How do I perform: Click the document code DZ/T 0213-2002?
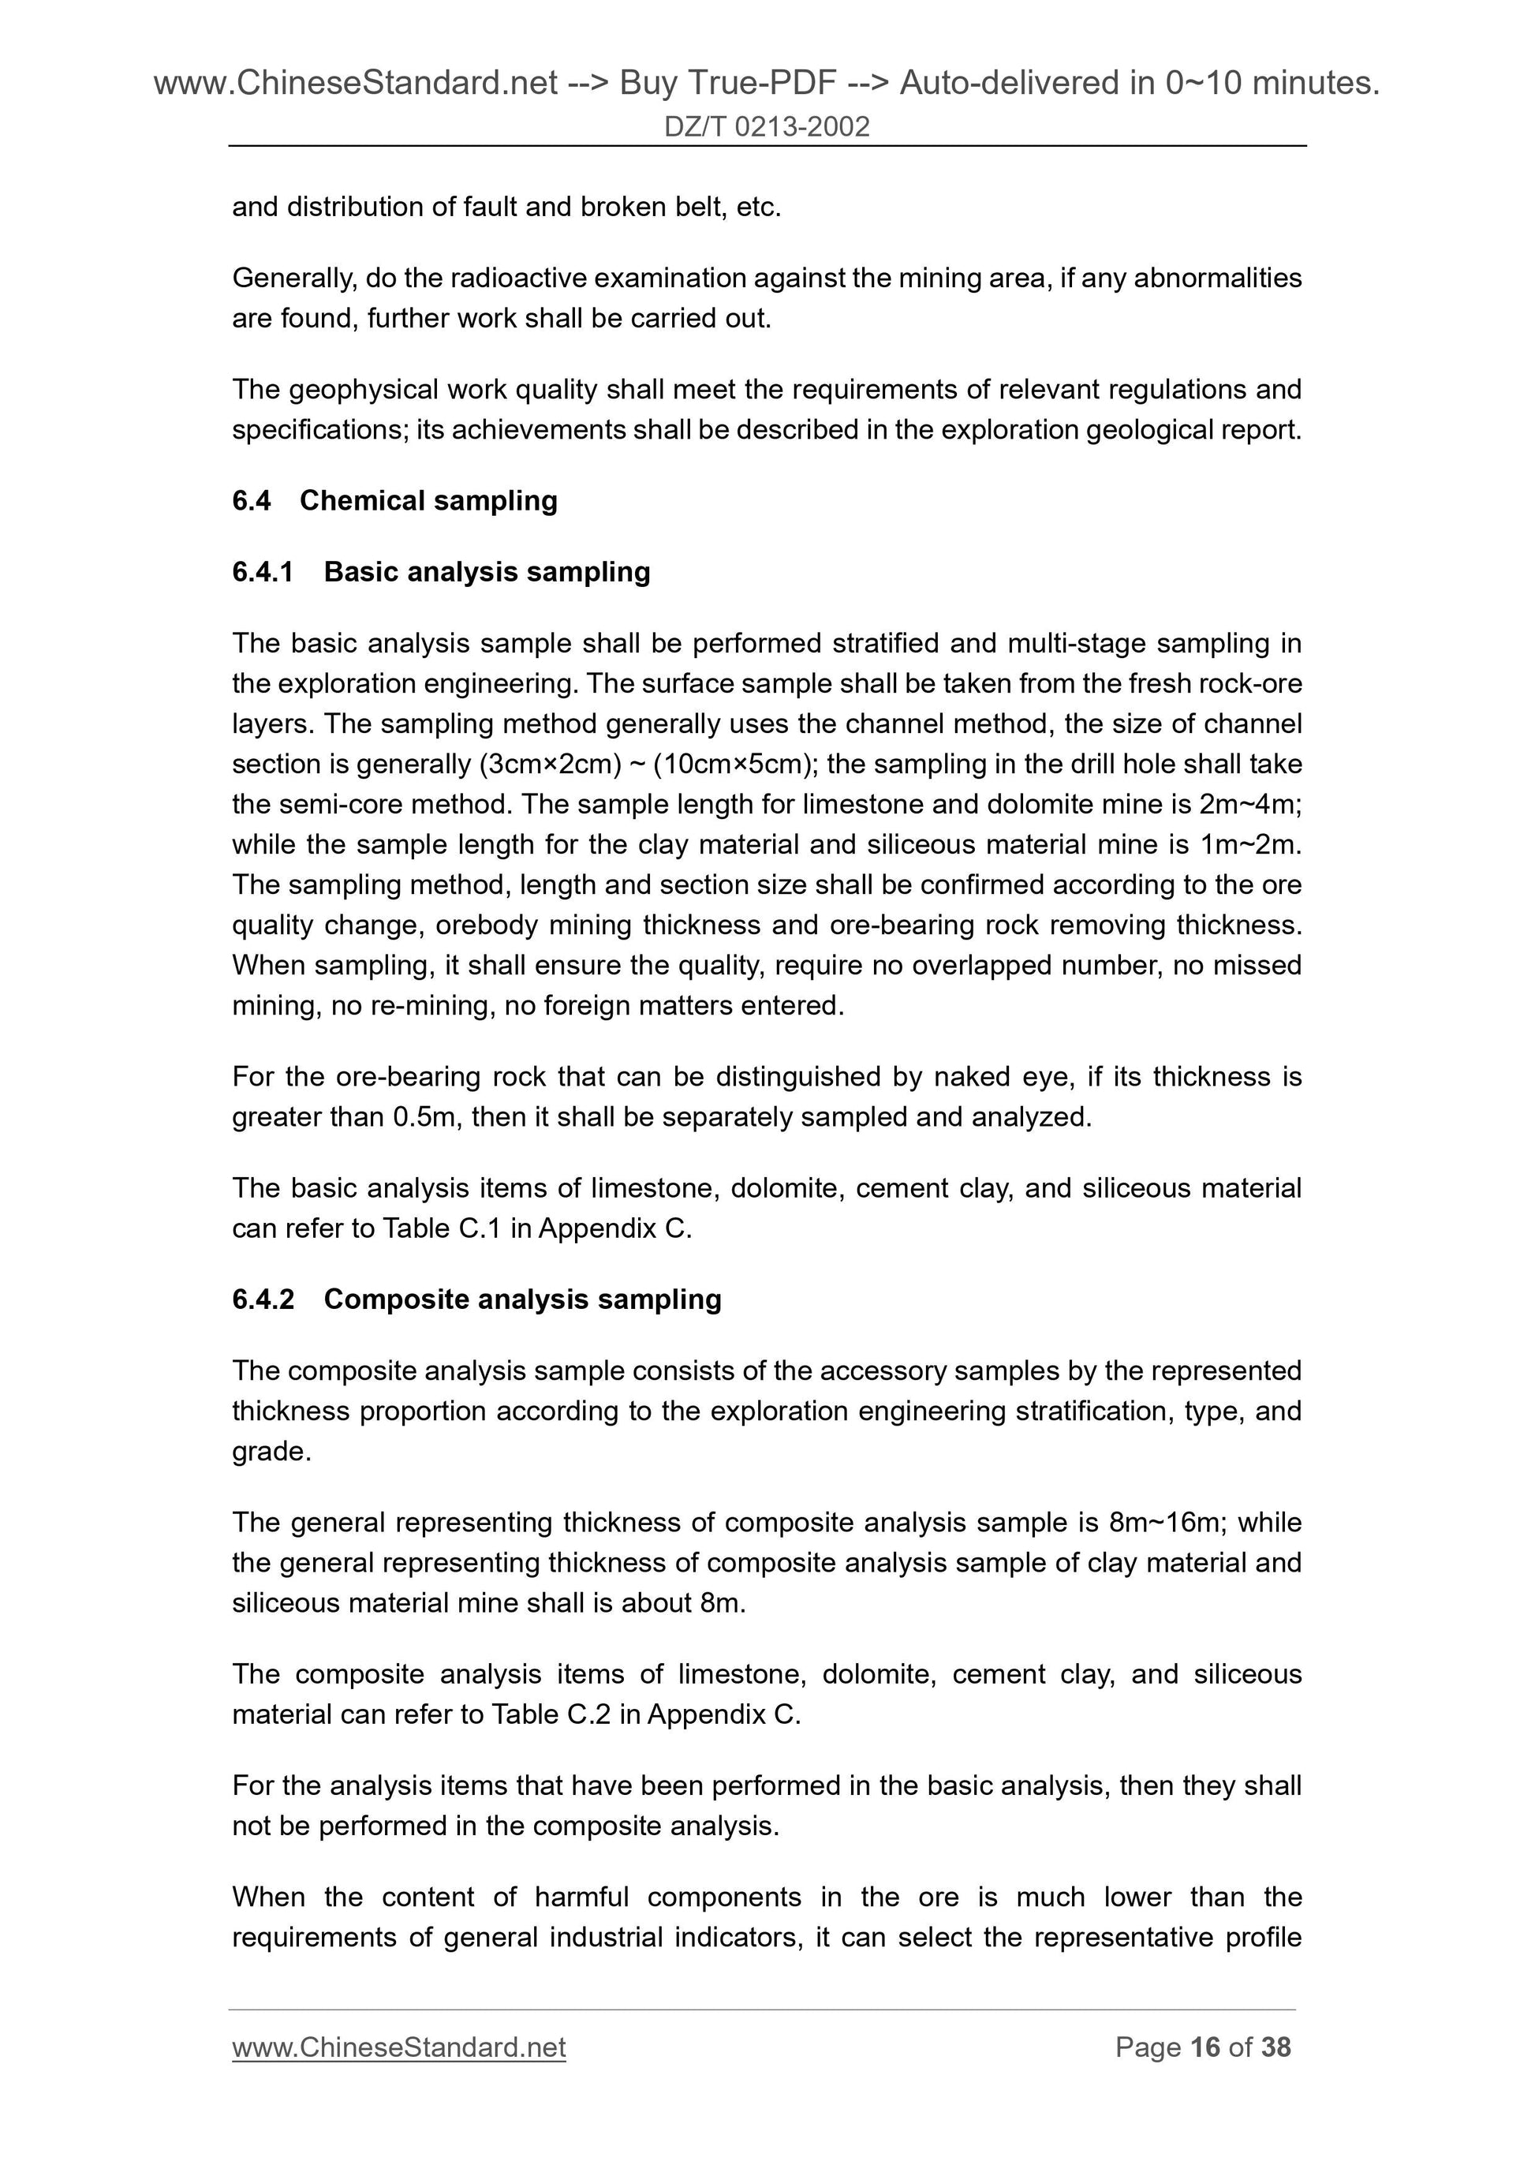[x=766, y=127]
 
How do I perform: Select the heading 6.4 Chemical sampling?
[x=394, y=500]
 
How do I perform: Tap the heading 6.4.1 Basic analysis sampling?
[x=441, y=571]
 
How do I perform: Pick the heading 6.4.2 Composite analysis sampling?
[x=476, y=1299]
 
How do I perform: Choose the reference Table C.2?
[x=551, y=1714]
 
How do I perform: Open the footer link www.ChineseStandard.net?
[x=398, y=2047]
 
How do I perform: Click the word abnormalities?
[x=1217, y=279]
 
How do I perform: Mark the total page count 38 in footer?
[x=1275, y=2047]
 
